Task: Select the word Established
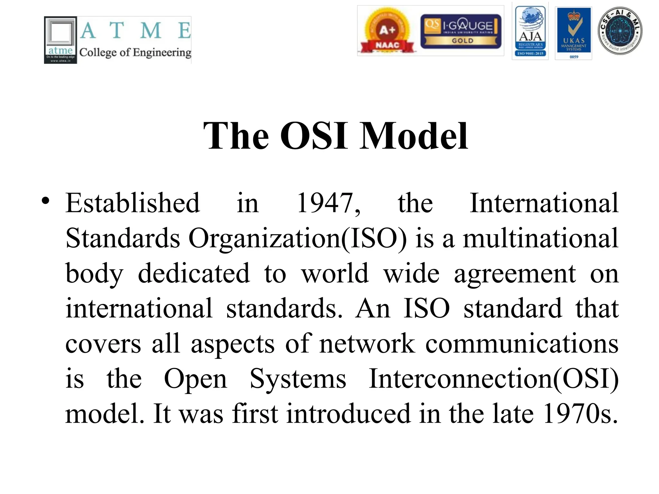[x=133, y=203]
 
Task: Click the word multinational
[x=541, y=238]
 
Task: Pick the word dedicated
[x=194, y=273]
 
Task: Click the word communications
[x=522, y=343]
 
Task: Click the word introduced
[x=348, y=414]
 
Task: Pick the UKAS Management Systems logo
[x=574, y=33]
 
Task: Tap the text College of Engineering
[x=135, y=52]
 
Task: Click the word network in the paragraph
[x=367, y=343]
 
